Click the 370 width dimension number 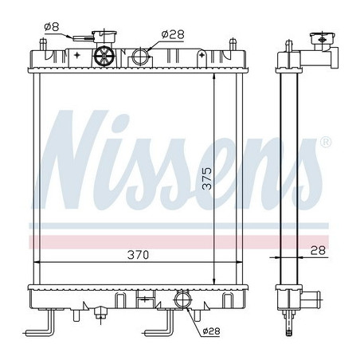(x=138, y=255)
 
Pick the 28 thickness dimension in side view (x=317, y=250)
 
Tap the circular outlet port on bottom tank (x=182, y=301)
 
